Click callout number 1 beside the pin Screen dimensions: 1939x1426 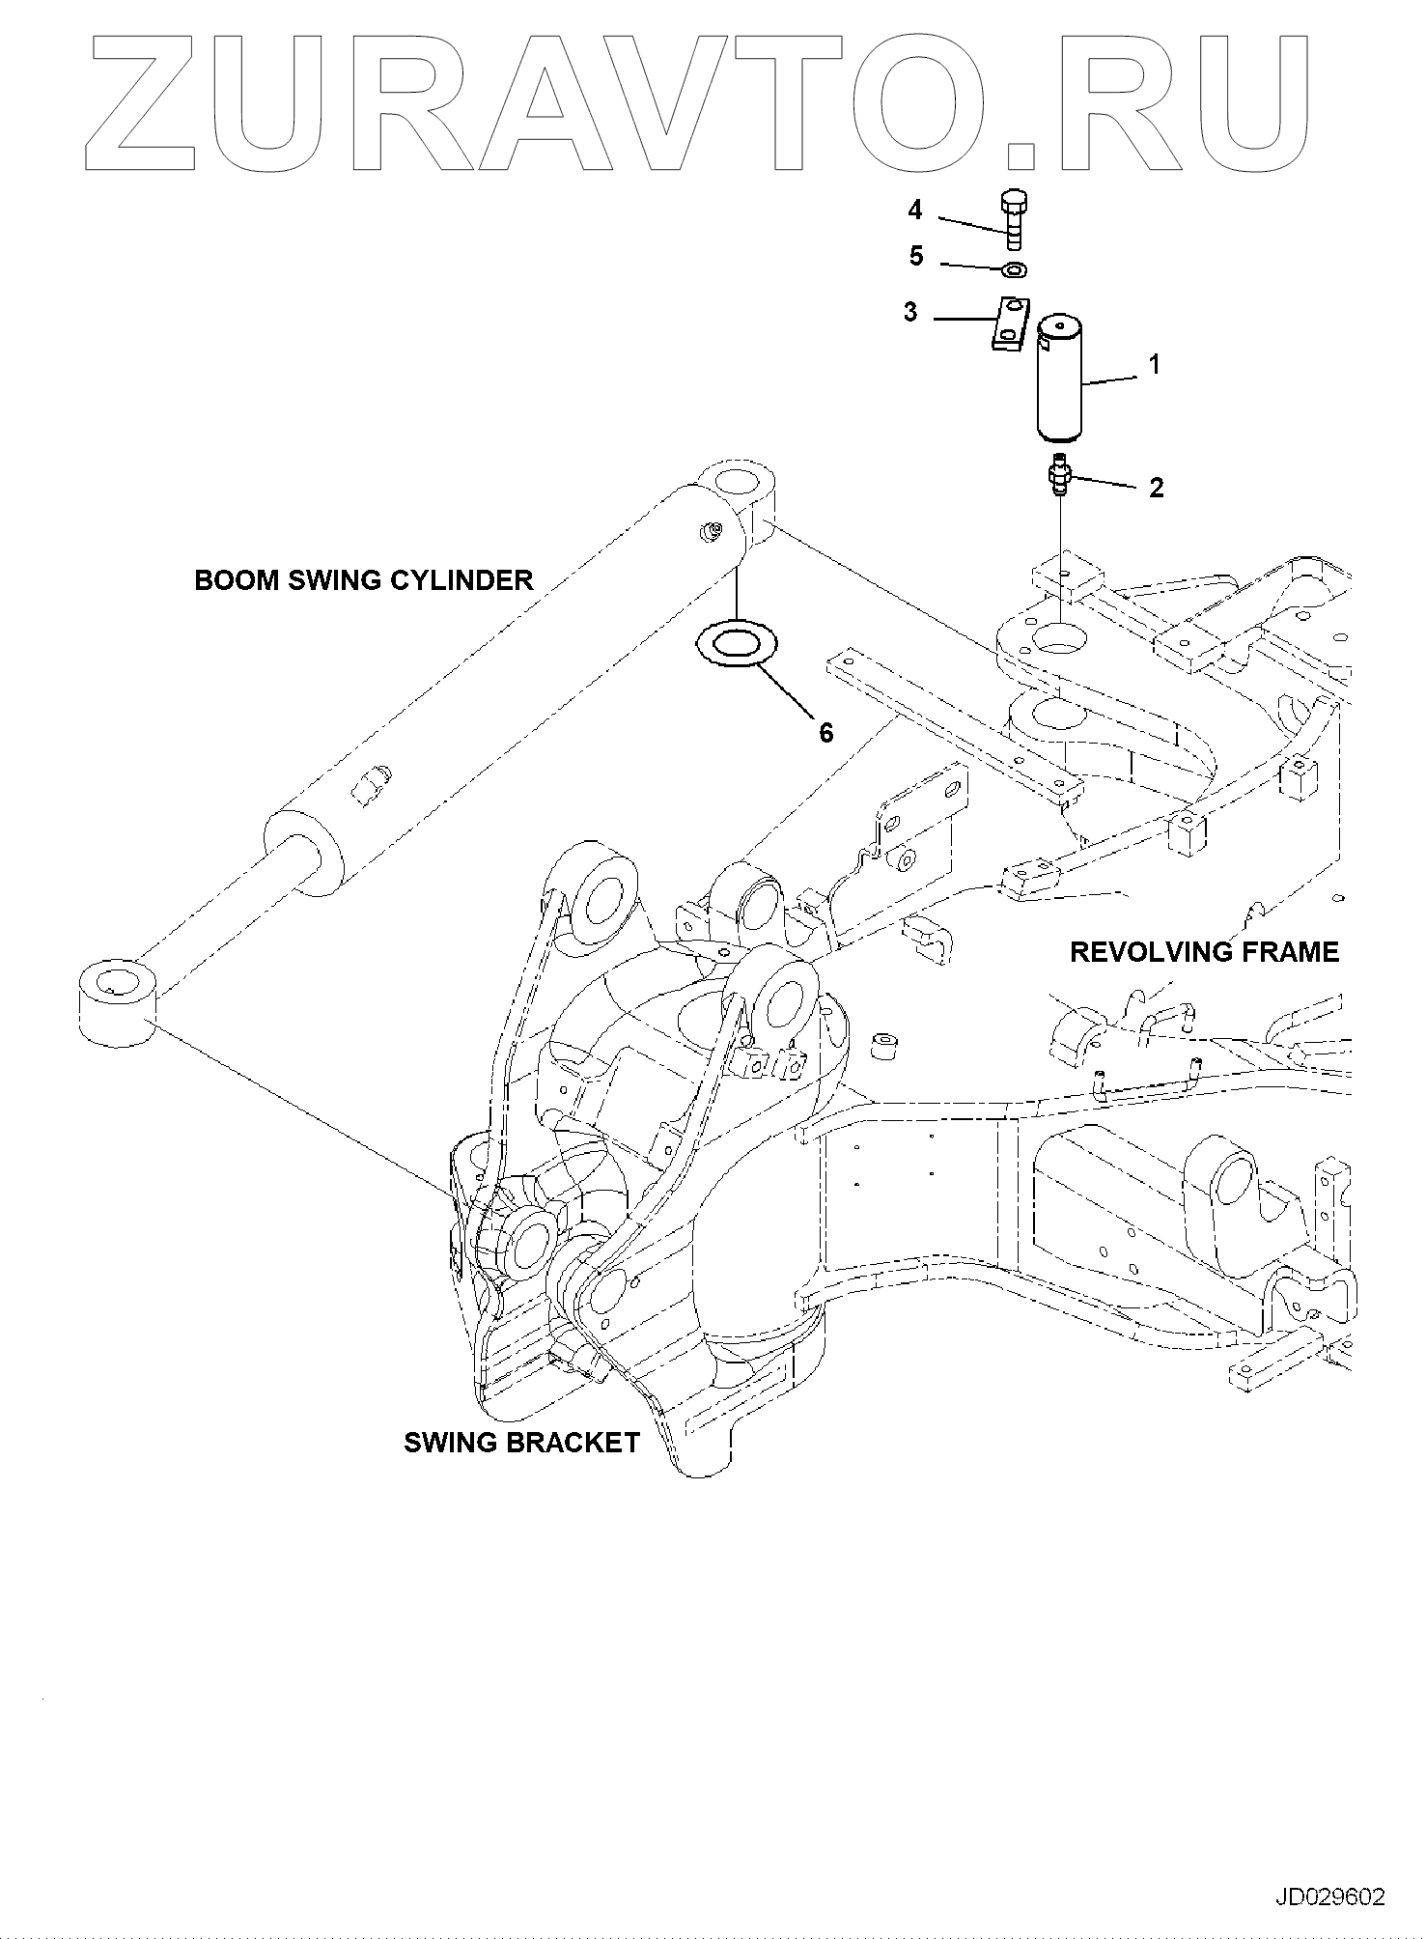click(x=1153, y=365)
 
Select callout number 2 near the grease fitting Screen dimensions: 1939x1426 click(x=1156, y=488)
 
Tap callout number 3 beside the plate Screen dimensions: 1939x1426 click(x=910, y=314)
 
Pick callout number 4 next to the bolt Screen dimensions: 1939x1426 click(x=914, y=210)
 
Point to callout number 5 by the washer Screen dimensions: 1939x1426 click(x=916, y=256)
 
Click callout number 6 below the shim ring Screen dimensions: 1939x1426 click(x=825, y=733)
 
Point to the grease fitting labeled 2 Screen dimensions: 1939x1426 click(x=1061, y=475)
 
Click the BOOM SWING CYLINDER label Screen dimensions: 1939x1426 click(x=364, y=580)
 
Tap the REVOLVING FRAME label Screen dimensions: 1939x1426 click(x=1204, y=952)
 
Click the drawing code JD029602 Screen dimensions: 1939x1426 click(x=1330, y=1897)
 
